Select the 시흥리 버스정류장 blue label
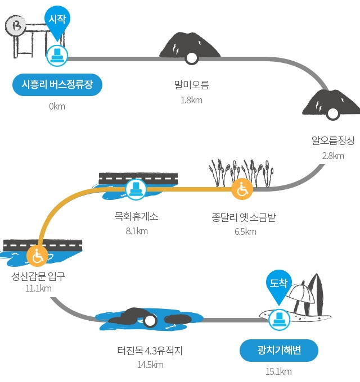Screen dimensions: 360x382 tap(57, 84)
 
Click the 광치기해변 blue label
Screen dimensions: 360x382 tap(279, 351)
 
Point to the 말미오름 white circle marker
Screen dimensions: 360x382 tap(191, 58)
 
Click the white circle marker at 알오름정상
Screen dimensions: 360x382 tap(332, 113)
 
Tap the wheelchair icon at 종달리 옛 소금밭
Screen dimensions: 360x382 tap(242, 189)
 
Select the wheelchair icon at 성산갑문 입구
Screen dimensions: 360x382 tap(37, 256)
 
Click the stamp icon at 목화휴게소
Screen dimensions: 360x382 tap(136, 189)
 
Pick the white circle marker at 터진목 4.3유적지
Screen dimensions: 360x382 tap(150, 321)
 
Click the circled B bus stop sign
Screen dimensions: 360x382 tap(15, 25)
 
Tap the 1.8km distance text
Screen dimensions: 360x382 tap(191, 100)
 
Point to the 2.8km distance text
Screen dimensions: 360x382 tap(333, 156)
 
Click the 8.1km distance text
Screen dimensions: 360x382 tap(137, 231)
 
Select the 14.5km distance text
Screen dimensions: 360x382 tap(151, 365)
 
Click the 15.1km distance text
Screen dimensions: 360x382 tap(279, 371)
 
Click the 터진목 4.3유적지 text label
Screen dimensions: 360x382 tap(150, 351)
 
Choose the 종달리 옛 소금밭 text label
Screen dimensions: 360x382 tap(244, 217)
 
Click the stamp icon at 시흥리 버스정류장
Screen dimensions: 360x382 tap(57, 56)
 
